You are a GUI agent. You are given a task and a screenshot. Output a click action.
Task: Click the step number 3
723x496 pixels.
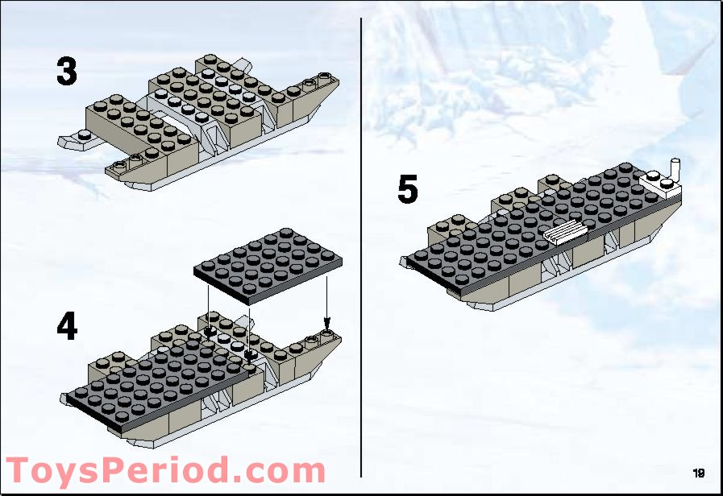tap(66, 72)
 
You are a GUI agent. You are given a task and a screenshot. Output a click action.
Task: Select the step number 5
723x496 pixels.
tap(408, 190)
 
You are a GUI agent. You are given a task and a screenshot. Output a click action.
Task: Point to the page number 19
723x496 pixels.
tap(698, 473)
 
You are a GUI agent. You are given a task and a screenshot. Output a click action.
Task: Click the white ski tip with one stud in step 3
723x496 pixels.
tap(78, 139)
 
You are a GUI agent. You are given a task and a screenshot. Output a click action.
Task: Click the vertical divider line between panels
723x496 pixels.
tap(361, 242)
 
